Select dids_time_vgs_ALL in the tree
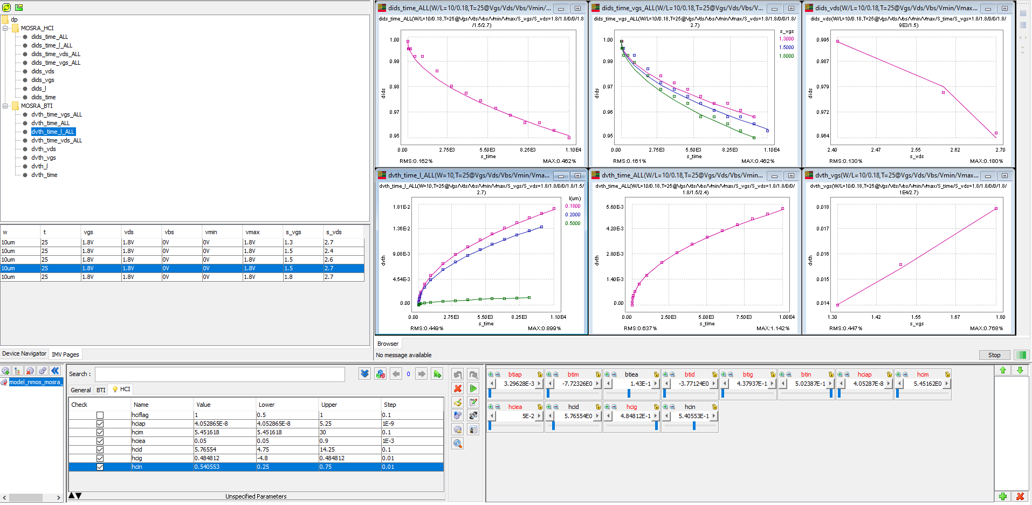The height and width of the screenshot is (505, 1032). coord(56,63)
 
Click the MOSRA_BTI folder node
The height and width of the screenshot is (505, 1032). coord(37,106)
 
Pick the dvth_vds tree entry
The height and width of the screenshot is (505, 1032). coord(44,149)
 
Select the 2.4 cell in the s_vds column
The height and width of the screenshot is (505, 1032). coord(329,251)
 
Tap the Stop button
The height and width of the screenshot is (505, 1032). coord(994,355)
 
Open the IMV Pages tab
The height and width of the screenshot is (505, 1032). coord(65,354)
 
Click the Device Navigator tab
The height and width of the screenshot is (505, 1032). coord(24,354)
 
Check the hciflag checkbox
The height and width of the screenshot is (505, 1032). coord(100,415)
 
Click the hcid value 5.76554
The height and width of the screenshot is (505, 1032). coord(205,449)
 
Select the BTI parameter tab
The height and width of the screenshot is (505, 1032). coord(101,390)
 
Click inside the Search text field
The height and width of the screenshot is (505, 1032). coord(219,374)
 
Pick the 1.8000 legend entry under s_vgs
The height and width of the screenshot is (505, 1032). coord(786,56)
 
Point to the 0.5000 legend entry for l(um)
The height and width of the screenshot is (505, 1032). coord(573,223)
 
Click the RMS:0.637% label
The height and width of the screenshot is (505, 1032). coord(640,328)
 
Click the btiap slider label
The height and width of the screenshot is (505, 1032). coord(515,374)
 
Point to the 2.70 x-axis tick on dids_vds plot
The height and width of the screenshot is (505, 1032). coord(1000,150)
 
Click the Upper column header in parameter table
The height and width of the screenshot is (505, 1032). coord(329,405)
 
